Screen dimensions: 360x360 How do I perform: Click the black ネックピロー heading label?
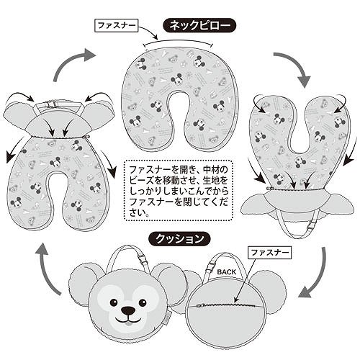(x=199, y=25)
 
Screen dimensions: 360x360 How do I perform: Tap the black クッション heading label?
(x=179, y=239)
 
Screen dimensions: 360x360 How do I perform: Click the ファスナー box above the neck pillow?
(x=117, y=25)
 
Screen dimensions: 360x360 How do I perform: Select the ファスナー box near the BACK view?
(x=269, y=253)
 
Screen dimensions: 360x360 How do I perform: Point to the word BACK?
(x=227, y=272)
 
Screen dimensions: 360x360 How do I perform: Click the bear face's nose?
(x=127, y=311)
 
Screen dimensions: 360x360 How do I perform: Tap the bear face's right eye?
(x=143, y=301)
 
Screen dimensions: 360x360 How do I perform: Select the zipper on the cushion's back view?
(x=228, y=305)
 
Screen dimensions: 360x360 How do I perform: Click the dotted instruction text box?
(x=179, y=190)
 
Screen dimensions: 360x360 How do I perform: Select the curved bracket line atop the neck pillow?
(x=178, y=42)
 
